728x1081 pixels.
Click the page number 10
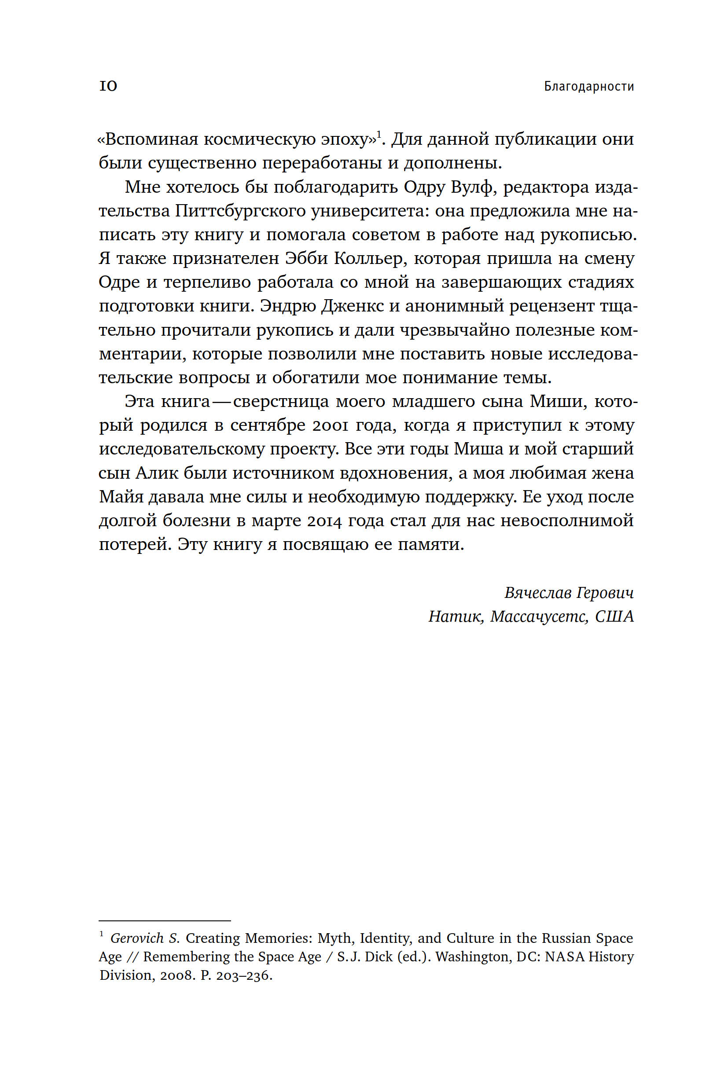click(x=108, y=86)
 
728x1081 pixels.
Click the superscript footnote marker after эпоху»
click(x=379, y=134)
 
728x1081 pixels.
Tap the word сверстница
click(x=280, y=402)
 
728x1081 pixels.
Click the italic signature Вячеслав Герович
click(x=569, y=593)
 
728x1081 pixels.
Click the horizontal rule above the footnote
click(x=165, y=920)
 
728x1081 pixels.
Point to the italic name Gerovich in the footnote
click(x=137, y=938)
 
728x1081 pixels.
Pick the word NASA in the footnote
click(x=564, y=957)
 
